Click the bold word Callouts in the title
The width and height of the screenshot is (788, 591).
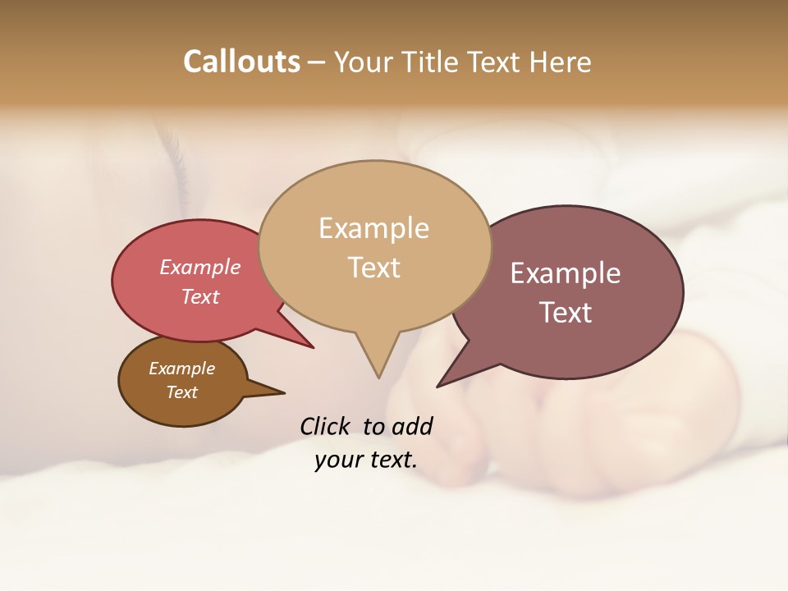[x=241, y=62]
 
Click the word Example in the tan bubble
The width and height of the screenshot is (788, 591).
[x=373, y=228]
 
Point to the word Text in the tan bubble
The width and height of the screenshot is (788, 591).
[x=373, y=268]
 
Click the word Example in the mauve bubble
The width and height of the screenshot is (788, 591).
[x=566, y=273]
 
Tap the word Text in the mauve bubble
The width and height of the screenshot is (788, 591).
[x=566, y=313]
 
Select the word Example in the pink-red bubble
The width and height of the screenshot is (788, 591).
[x=200, y=268]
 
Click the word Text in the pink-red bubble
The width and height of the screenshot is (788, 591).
[x=200, y=297]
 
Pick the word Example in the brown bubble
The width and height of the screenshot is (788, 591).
[x=182, y=369]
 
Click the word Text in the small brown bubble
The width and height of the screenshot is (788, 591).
[x=182, y=392]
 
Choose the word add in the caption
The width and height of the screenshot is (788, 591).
[x=412, y=426]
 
